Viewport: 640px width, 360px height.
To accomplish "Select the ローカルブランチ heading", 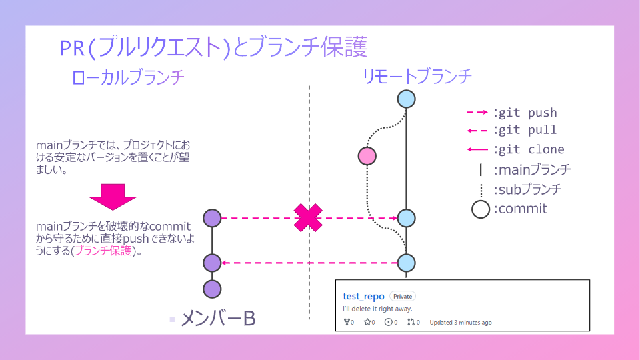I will point(128,77).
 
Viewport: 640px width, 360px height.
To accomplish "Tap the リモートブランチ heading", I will point(417,76).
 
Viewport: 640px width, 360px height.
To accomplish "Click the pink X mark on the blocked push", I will point(308,218).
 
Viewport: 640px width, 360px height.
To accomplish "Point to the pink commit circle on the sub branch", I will point(367,156).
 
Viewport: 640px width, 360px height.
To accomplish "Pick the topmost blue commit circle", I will point(407,99).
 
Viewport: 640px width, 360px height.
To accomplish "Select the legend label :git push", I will point(525,113).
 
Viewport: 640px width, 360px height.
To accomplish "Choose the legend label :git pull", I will point(525,129).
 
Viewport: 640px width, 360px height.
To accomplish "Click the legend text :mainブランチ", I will point(531,169).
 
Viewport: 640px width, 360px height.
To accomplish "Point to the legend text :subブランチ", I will point(527,189).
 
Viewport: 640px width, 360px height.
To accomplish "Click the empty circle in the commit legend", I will point(481,209).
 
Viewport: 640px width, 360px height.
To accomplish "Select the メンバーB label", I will point(218,319).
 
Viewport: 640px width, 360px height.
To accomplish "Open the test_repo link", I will point(364,296).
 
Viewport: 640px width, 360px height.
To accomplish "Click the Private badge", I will point(403,296).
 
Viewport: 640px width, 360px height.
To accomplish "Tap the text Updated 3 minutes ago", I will point(461,323).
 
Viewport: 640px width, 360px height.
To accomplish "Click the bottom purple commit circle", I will point(212,289).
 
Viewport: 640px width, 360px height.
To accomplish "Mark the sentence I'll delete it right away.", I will point(377,309).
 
